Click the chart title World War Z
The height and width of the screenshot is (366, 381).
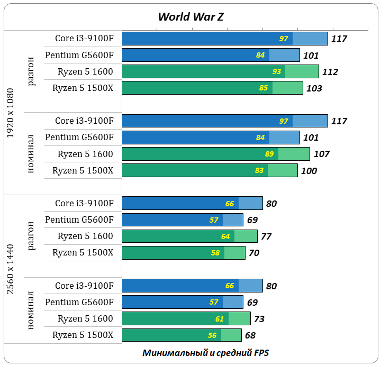[191, 16]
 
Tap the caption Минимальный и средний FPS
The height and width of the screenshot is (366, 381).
[205, 353]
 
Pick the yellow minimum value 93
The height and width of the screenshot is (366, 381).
[277, 72]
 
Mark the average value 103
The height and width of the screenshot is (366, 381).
[314, 88]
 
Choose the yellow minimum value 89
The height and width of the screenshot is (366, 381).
[269, 154]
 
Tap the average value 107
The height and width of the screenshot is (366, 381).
[321, 154]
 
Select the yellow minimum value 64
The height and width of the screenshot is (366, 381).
[225, 236]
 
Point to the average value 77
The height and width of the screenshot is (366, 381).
[266, 236]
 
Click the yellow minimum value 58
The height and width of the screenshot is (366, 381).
[215, 253]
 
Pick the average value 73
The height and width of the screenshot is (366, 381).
[259, 319]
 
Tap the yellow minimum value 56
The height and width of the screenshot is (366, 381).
[213, 335]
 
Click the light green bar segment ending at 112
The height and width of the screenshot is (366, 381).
[302, 71]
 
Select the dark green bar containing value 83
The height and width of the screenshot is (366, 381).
[195, 170]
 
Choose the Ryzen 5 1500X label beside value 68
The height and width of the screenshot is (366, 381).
[83, 335]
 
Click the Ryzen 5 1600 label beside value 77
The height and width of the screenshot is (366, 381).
[85, 236]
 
